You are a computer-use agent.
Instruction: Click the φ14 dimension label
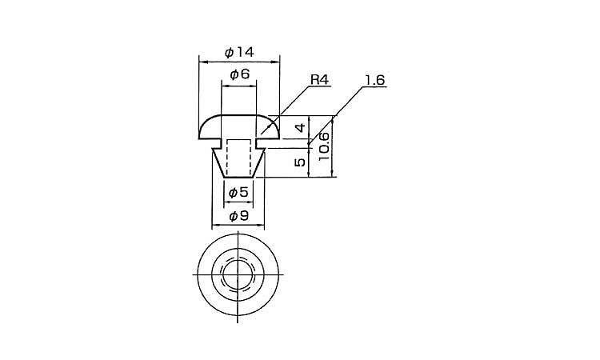[x=239, y=52]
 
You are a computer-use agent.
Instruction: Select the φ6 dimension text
[x=239, y=74]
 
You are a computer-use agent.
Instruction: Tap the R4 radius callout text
[x=319, y=80]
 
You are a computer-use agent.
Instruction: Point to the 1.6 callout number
[x=374, y=80]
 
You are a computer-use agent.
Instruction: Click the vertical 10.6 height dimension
[x=324, y=146]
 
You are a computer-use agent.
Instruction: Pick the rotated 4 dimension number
[x=301, y=127]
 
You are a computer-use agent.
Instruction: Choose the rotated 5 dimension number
[x=300, y=162]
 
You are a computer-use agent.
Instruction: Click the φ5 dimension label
[x=238, y=192]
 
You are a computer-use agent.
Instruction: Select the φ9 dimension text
[x=238, y=216]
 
